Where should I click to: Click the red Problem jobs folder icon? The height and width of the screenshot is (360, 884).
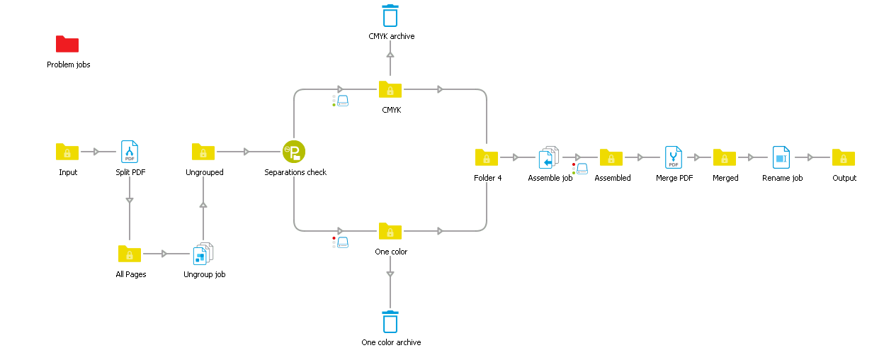tap(67, 44)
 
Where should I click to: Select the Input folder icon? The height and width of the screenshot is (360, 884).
tap(67, 152)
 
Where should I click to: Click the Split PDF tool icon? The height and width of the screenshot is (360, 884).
tap(130, 152)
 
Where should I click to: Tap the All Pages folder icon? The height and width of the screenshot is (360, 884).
tap(130, 254)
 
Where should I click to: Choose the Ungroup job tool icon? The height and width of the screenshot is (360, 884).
tap(203, 254)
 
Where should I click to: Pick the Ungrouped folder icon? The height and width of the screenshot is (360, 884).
tap(203, 152)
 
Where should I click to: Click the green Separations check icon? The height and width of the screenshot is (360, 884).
tap(294, 152)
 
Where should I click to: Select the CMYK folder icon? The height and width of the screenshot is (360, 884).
tap(390, 89)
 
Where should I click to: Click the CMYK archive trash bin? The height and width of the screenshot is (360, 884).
tap(390, 16)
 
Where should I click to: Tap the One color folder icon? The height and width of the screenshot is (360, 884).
tap(390, 231)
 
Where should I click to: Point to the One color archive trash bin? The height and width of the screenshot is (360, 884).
tap(390, 322)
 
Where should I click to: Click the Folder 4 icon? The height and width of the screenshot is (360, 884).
tap(487, 157)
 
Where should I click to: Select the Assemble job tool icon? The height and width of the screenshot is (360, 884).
tap(549, 157)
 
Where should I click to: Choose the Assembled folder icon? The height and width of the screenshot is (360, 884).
tap(611, 157)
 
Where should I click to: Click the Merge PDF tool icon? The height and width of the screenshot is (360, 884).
tap(673, 157)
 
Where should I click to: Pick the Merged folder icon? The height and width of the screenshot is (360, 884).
tap(725, 157)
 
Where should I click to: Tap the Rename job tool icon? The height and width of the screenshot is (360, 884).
tap(781, 157)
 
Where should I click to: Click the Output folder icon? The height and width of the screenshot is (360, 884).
tap(844, 157)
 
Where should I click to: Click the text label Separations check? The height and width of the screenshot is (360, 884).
tap(295, 172)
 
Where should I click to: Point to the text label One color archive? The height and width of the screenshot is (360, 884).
tap(391, 342)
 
